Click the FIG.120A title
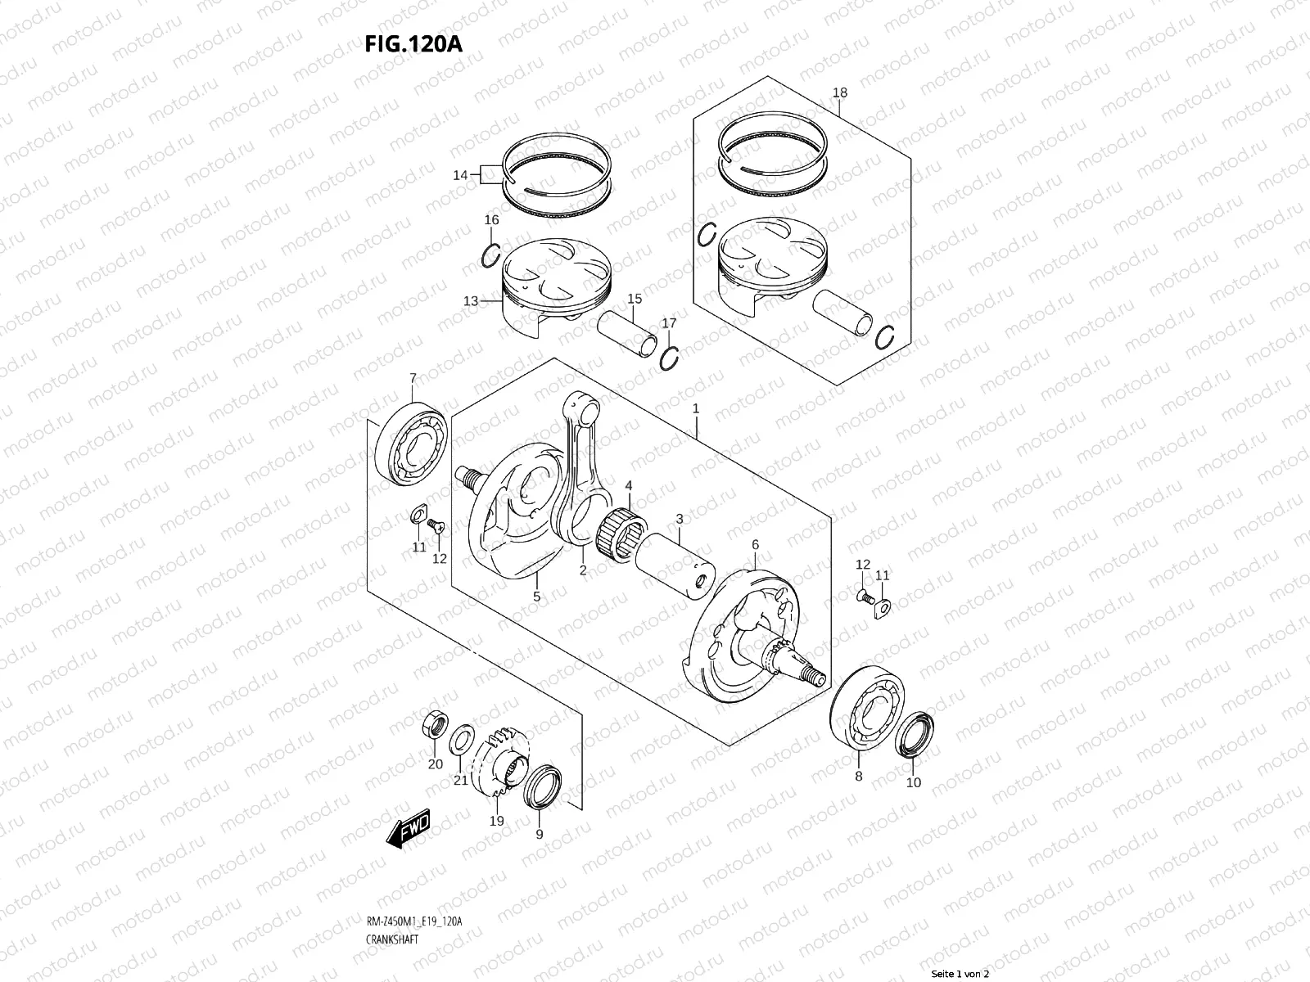(x=413, y=43)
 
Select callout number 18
(x=840, y=92)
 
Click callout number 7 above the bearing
(x=413, y=378)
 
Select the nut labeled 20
(x=433, y=725)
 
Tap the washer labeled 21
(x=461, y=736)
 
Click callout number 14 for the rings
(x=460, y=175)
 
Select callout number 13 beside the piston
(x=470, y=301)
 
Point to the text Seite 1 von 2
(x=961, y=975)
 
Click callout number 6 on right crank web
(x=755, y=544)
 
